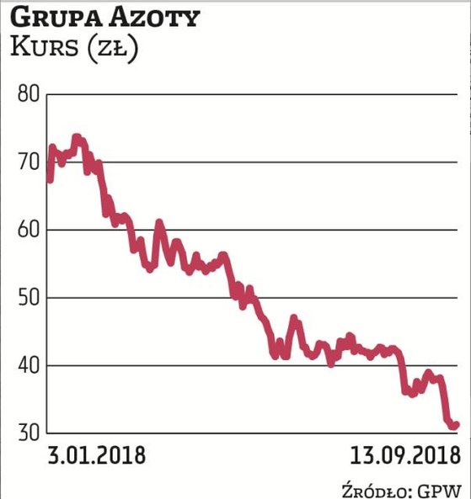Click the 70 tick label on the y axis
[x=29, y=162]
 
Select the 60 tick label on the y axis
[x=29, y=230]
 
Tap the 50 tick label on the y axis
[x=29, y=298]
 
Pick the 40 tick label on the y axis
[x=29, y=366]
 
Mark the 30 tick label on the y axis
[x=29, y=433]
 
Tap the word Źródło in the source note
[x=376, y=488]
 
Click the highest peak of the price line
[x=78, y=137]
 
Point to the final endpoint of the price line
[x=456, y=425]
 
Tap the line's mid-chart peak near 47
[x=293, y=319]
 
